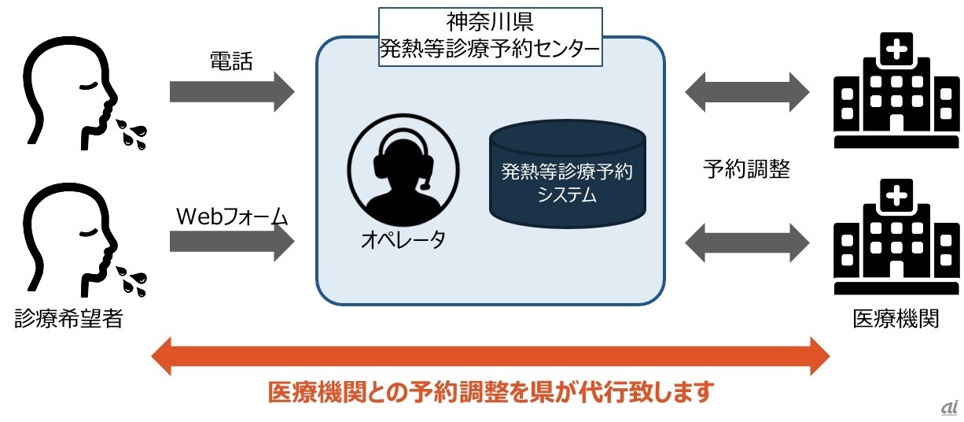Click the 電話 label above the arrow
231,61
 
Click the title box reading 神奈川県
490,37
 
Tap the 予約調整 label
746,168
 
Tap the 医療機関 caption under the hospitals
896,320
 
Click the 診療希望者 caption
69,319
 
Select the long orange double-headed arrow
489,354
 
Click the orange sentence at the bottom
490,391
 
